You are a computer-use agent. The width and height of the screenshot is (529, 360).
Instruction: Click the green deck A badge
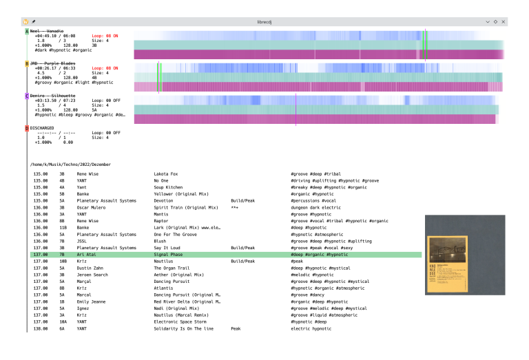[x=27, y=32]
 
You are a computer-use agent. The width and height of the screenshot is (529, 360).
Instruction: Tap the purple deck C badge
[x=27, y=96]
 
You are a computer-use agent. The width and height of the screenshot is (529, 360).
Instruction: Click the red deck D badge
[x=27, y=128]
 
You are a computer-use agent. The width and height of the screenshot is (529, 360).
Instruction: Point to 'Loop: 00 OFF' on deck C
[x=106, y=100]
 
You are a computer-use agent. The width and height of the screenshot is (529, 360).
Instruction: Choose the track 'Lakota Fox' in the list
[x=166, y=174]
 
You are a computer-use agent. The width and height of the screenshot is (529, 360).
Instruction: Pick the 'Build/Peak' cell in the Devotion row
[x=243, y=200]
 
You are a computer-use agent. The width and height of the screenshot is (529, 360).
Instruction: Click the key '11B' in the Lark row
[x=63, y=227]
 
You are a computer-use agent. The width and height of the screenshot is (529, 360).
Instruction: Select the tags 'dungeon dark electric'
[x=315, y=207]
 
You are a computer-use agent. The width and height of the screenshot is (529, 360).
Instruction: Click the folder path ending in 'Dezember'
[x=70, y=165]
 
